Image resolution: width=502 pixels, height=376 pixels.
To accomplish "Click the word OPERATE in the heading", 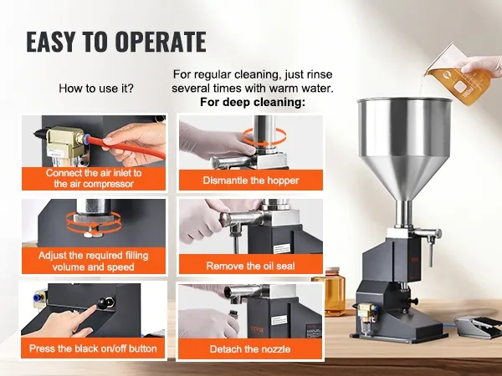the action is pos(161,42).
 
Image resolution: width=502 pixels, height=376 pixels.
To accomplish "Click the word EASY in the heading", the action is pos(51,42).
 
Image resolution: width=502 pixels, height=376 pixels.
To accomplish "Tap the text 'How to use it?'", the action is pos(96,89).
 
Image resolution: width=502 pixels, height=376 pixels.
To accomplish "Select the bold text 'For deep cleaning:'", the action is pos(253,102).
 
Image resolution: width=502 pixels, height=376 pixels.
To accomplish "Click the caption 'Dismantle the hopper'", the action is pos(251,180).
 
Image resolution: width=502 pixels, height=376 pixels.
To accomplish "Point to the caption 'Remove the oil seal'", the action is pos(250,266).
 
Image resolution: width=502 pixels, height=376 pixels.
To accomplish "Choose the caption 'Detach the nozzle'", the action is pos(250,348).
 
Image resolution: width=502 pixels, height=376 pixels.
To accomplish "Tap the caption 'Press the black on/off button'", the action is pos(93,348).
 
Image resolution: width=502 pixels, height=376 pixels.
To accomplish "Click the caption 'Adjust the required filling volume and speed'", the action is pos(94,261).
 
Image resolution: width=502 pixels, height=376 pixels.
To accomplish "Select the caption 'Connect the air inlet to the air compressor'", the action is pos(94,179).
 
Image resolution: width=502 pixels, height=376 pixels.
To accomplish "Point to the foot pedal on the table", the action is pos(478,326).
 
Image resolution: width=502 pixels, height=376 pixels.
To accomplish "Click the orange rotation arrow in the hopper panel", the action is pos(264,136).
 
